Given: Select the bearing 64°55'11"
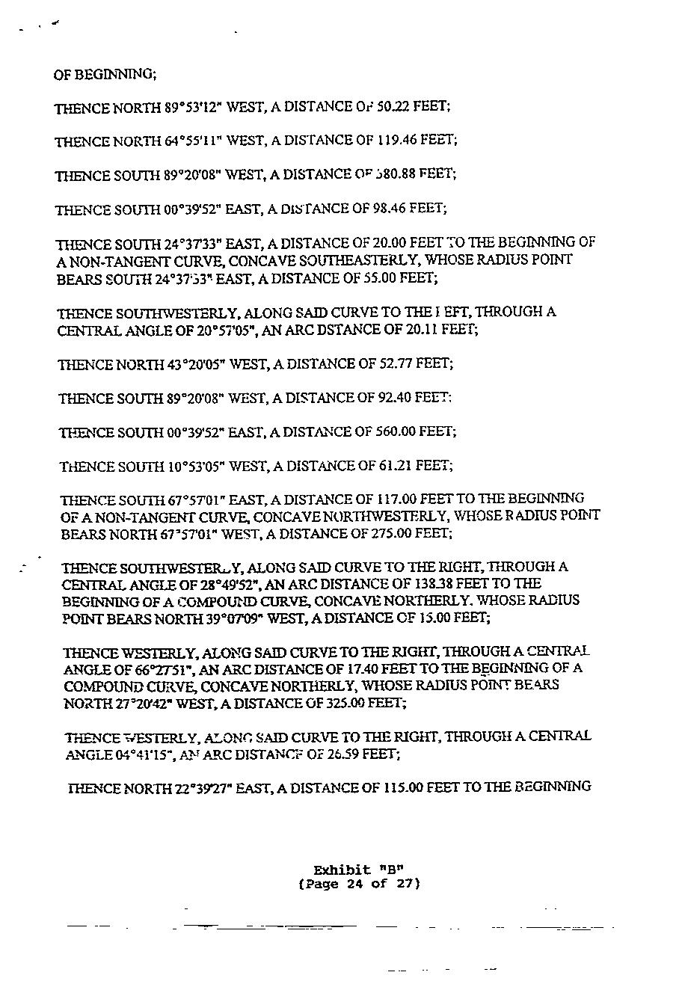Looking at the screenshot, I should pos(194,141).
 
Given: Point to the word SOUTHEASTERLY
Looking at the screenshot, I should pos(306,259).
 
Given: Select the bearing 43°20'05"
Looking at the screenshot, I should pos(196,364).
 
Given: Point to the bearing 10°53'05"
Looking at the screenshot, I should pos(196,467).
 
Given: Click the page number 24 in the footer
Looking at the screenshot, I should pos(355,884).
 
